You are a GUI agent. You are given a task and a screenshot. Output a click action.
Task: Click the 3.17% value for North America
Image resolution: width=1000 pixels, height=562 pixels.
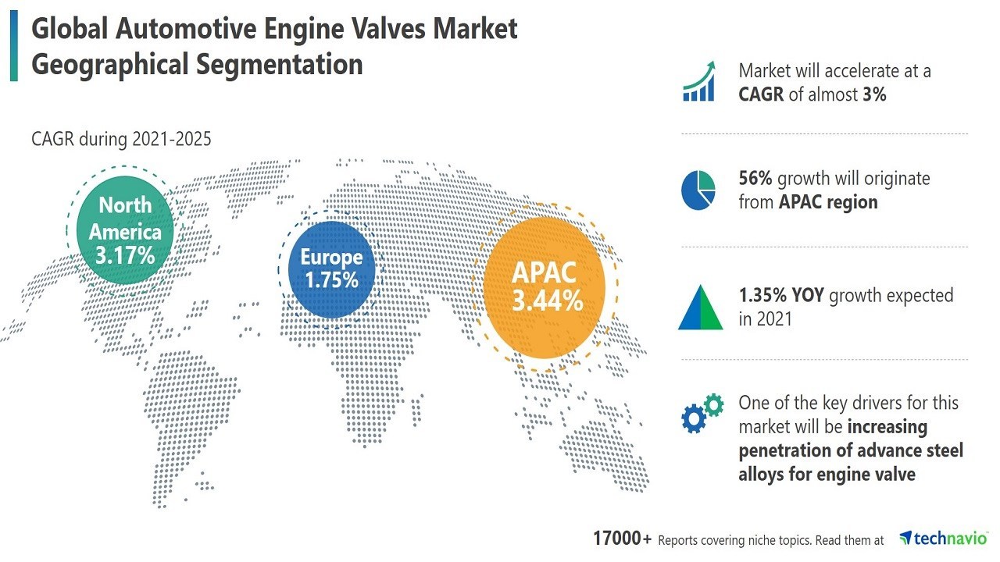(x=126, y=254)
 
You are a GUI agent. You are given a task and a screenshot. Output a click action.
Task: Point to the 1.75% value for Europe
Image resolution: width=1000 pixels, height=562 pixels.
(x=331, y=279)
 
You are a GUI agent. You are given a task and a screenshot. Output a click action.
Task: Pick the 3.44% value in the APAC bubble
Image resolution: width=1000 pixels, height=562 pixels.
(x=547, y=300)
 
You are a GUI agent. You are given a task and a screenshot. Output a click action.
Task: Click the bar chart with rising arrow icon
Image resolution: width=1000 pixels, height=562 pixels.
(x=700, y=81)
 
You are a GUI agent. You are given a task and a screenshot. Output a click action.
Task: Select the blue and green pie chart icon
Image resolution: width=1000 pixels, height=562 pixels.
(x=698, y=190)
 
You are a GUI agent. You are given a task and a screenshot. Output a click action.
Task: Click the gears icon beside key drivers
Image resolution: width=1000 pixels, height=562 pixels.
(x=702, y=414)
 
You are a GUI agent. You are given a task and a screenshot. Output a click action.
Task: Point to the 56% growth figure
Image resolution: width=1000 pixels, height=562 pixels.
(x=755, y=178)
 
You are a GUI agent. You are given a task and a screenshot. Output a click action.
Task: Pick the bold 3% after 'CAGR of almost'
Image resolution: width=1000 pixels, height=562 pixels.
(x=873, y=94)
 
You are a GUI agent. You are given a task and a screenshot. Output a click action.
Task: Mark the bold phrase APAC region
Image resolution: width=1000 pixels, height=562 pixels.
(x=828, y=202)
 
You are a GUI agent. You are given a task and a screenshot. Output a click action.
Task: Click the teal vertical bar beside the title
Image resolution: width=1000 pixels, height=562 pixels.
(x=13, y=47)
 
